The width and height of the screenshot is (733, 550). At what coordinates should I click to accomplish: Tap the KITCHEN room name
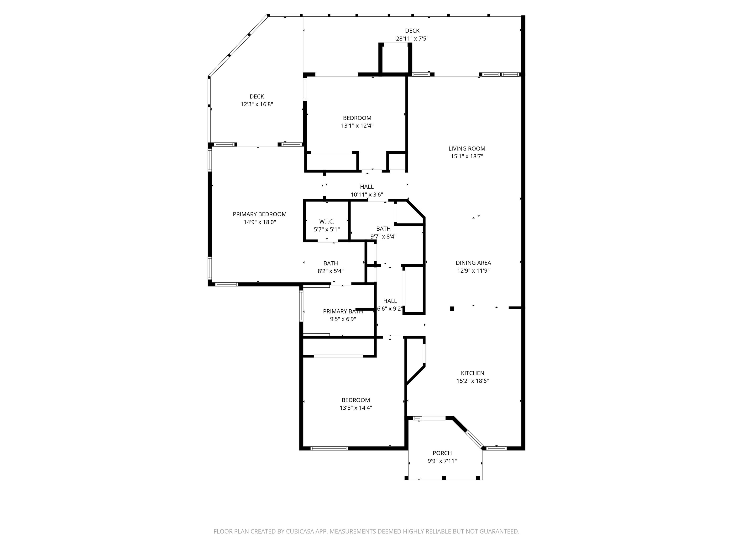(x=472, y=373)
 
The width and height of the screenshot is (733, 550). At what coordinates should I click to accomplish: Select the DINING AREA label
(x=473, y=263)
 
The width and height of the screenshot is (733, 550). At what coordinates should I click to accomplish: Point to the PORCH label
(x=442, y=453)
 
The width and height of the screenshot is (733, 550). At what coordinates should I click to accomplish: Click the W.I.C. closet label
(x=327, y=222)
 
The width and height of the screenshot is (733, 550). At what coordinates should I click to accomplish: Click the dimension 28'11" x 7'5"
(x=412, y=38)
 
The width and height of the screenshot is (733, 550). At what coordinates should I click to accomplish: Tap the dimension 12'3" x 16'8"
(x=257, y=104)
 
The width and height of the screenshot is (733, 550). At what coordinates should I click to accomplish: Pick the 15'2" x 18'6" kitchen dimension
(x=472, y=381)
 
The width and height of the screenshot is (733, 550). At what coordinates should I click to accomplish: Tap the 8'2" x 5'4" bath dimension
(x=331, y=271)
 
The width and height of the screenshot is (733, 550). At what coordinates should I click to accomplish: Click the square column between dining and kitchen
(x=452, y=309)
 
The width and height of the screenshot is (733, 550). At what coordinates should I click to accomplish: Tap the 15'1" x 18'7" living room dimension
(x=467, y=157)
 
